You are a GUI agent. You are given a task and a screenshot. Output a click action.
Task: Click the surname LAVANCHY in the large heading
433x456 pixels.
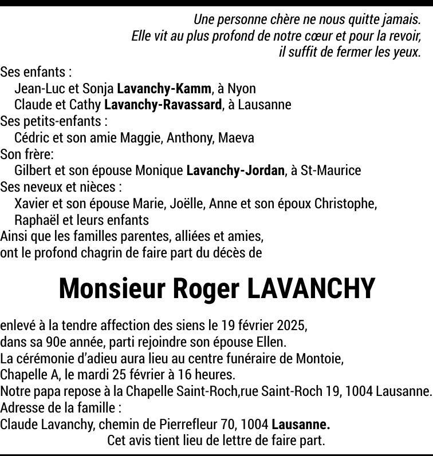pyautogui.click(x=311, y=289)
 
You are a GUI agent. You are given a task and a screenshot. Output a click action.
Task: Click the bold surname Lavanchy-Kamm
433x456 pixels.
pyautogui.click(x=164, y=89)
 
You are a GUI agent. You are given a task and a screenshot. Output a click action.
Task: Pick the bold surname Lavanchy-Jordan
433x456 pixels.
pyautogui.click(x=235, y=170)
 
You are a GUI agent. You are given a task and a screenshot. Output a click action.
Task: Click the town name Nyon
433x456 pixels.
pyautogui.click(x=242, y=89)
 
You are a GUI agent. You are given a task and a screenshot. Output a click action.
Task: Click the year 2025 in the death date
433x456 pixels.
pyautogui.click(x=292, y=326)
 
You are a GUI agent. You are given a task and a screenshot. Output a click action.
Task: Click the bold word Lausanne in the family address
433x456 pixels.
pyautogui.click(x=301, y=425)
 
